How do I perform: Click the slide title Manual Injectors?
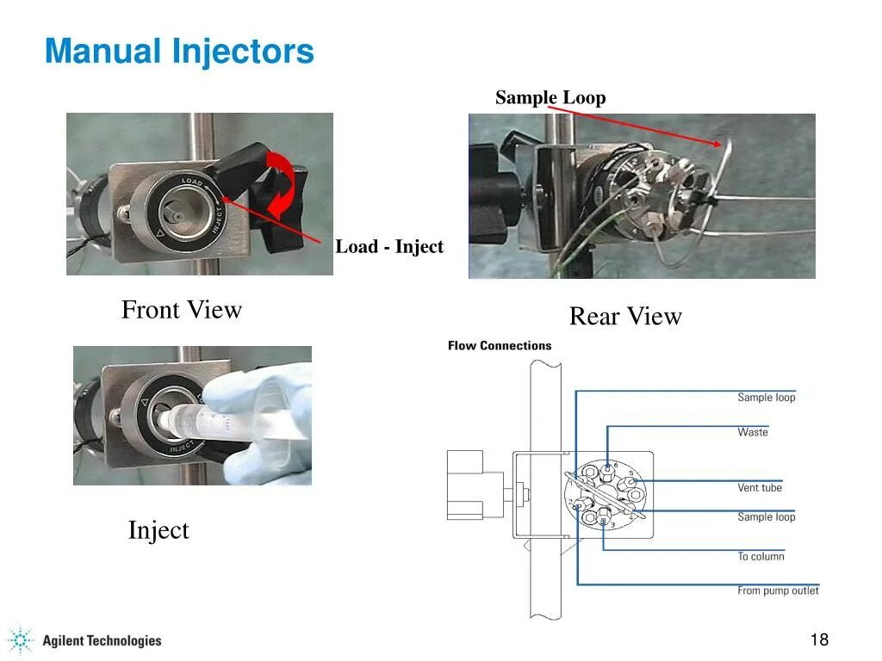click(179, 52)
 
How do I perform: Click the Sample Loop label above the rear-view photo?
click(550, 98)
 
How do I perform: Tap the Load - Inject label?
click(388, 247)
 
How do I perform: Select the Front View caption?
click(182, 310)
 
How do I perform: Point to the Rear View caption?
click(625, 317)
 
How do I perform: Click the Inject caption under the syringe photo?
click(158, 530)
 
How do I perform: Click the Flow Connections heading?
click(500, 346)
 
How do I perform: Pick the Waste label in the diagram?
click(752, 432)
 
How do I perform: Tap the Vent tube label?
click(760, 488)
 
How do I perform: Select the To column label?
click(761, 557)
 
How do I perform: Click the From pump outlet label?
click(778, 591)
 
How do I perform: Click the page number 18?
click(819, 639)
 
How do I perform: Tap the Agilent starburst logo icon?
click(20, 640)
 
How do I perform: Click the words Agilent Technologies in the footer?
click(102, 640)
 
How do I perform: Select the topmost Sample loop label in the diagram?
click(767, 398)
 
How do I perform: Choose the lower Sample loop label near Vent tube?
click(767, 517)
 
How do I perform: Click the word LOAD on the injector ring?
click(191, 182)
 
